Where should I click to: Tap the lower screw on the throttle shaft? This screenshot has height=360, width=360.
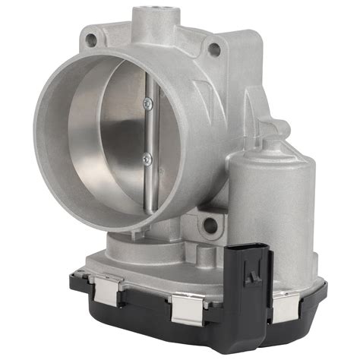point(149,157)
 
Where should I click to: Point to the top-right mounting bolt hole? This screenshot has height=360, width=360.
point(215,49)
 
